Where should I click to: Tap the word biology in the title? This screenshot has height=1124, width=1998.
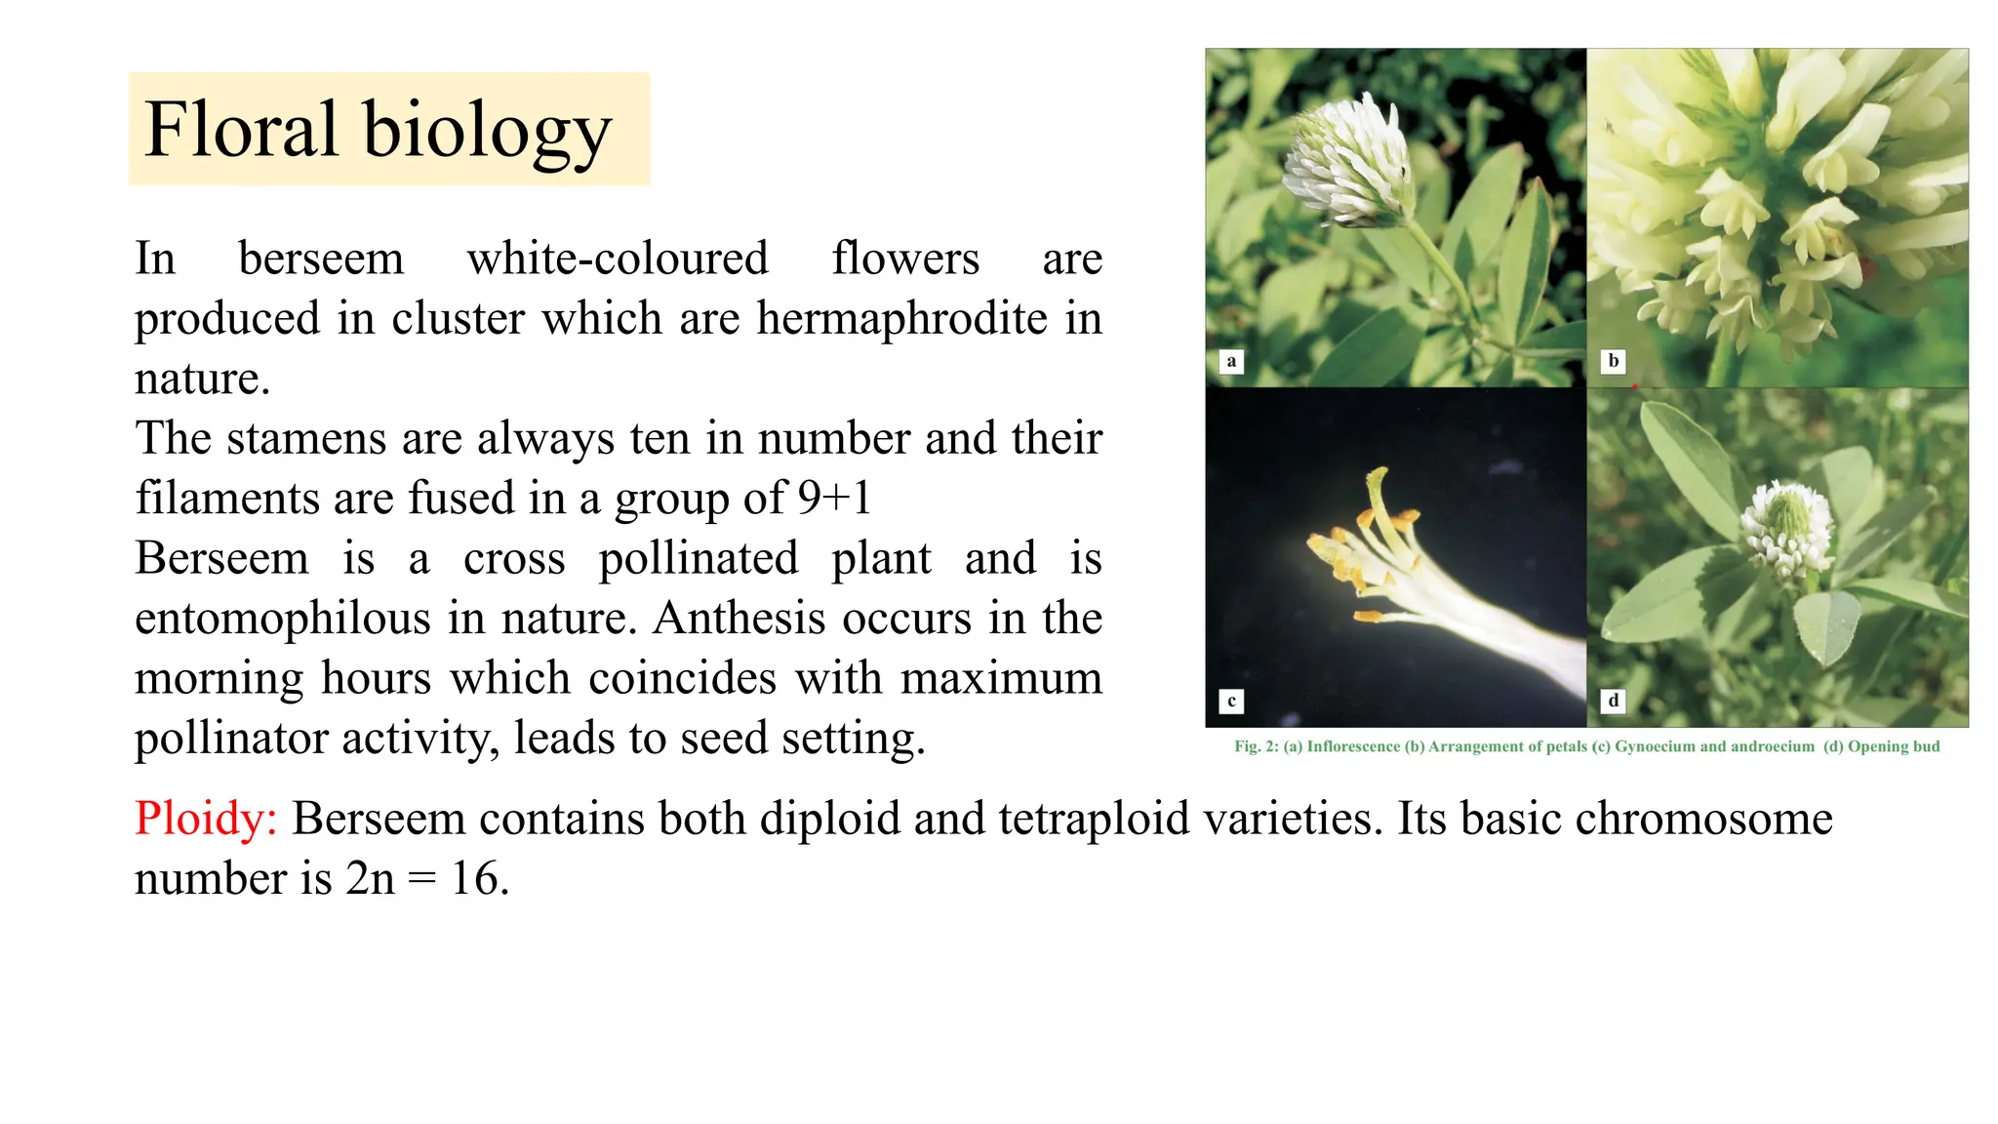click(x=487, y=133)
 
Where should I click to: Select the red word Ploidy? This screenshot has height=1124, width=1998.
click(x=206, y=819)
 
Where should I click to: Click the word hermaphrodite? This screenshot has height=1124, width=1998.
click(x=901, y=318)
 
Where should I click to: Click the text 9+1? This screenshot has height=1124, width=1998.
click(x=834, y=498)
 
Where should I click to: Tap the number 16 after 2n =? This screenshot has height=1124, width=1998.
click(x=478, y=878)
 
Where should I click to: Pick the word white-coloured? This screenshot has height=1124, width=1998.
click(x=618, y=259)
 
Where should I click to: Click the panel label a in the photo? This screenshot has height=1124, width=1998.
click(x=1231, y=362)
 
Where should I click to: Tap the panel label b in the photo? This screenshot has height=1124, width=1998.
click(x=1614, y=361)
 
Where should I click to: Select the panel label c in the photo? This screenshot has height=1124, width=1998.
click(x=1231, y=701)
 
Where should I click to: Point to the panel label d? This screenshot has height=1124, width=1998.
click(x=1614, y=701)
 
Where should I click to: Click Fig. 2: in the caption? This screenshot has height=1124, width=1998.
click(x=1257, y=746)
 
